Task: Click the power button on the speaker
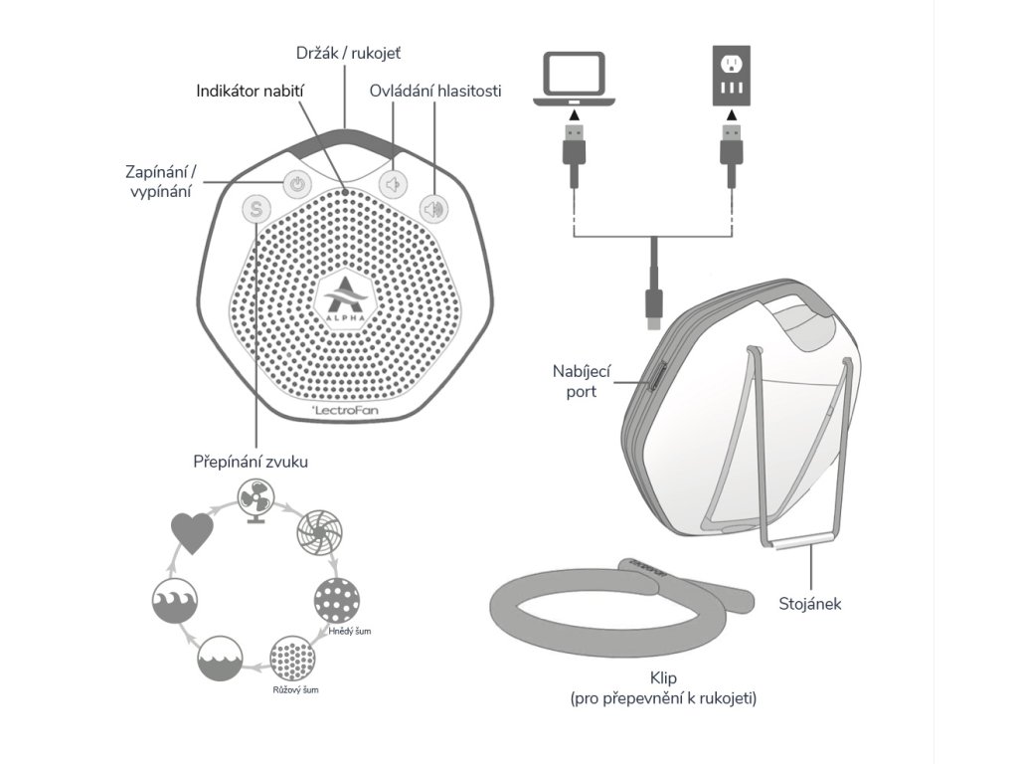click(296, 183)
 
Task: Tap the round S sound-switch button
click(255, 209)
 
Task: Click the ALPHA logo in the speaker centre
click(344, 296)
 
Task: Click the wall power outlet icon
click(733, 76)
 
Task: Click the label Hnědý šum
click(347, 632)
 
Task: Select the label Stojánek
click(810, 603)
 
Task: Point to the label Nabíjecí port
click(575, 381)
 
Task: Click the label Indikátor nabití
click(250, 91)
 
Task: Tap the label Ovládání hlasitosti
click(434, 91)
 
